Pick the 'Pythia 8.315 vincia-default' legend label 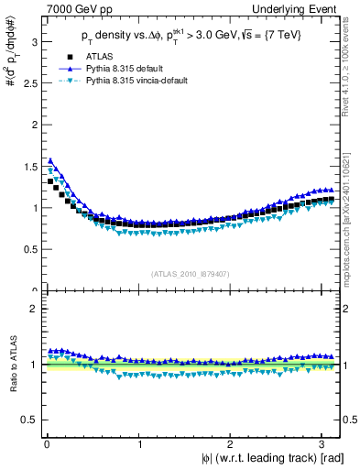(136, 80)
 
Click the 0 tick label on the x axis (46, 444)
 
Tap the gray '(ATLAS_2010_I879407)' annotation (191, 272)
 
